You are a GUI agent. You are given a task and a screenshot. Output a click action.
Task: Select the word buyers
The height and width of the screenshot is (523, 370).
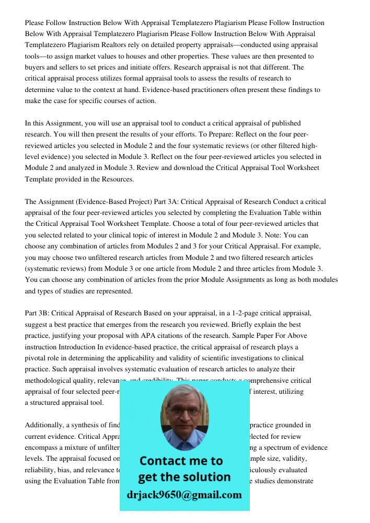click(x=37, y=67)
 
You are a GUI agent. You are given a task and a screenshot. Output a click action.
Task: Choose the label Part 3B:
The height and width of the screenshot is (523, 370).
click(x=37, y=313)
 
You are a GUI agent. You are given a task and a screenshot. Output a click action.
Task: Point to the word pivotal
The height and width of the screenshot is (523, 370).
click(x=37, y=358)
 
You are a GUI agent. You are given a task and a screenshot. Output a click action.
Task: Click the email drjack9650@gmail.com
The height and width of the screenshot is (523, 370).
click(x=184, y=494)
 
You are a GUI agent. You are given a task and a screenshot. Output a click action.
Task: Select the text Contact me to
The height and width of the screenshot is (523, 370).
click(x=181, y=461)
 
